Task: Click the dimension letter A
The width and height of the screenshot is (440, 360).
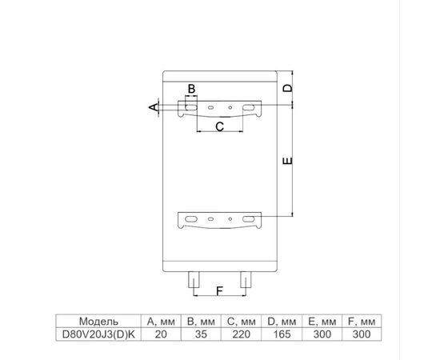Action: [154, 107]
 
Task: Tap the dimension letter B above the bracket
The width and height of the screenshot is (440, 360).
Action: [191, 89]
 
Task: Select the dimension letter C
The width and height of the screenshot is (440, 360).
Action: [220, 126]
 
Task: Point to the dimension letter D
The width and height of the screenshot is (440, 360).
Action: [287, 88]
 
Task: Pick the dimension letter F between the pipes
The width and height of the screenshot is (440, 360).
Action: [219, 291]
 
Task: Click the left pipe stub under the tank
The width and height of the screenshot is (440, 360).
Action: [194, 279]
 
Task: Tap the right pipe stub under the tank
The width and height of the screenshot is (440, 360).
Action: [246, 279]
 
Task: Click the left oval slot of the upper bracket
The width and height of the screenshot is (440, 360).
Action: [191, 108]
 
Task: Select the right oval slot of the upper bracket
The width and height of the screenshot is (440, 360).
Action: [249, 107]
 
